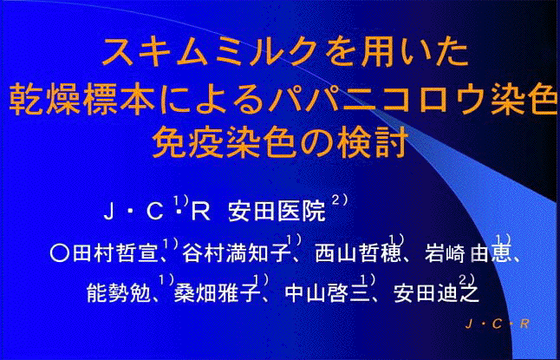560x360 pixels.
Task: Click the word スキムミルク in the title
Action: (209, 52)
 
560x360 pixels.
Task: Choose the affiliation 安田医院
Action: (277, 212)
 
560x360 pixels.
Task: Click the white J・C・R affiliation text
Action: (157, 212)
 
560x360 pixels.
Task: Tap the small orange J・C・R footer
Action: (497, 324)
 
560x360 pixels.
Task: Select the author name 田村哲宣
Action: (115, 254)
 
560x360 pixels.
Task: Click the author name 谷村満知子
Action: (236, 254)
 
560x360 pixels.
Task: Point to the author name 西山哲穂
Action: (357, 254)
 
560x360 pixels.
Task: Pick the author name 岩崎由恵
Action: (466, 254)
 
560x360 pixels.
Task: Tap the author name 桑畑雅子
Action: (217, 294)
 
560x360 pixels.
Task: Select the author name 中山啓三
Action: (327, 294)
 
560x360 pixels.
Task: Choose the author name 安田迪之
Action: (436, 294)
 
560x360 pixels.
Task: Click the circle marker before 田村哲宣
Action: (59, 254)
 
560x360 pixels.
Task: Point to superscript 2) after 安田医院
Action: (340, 200)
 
